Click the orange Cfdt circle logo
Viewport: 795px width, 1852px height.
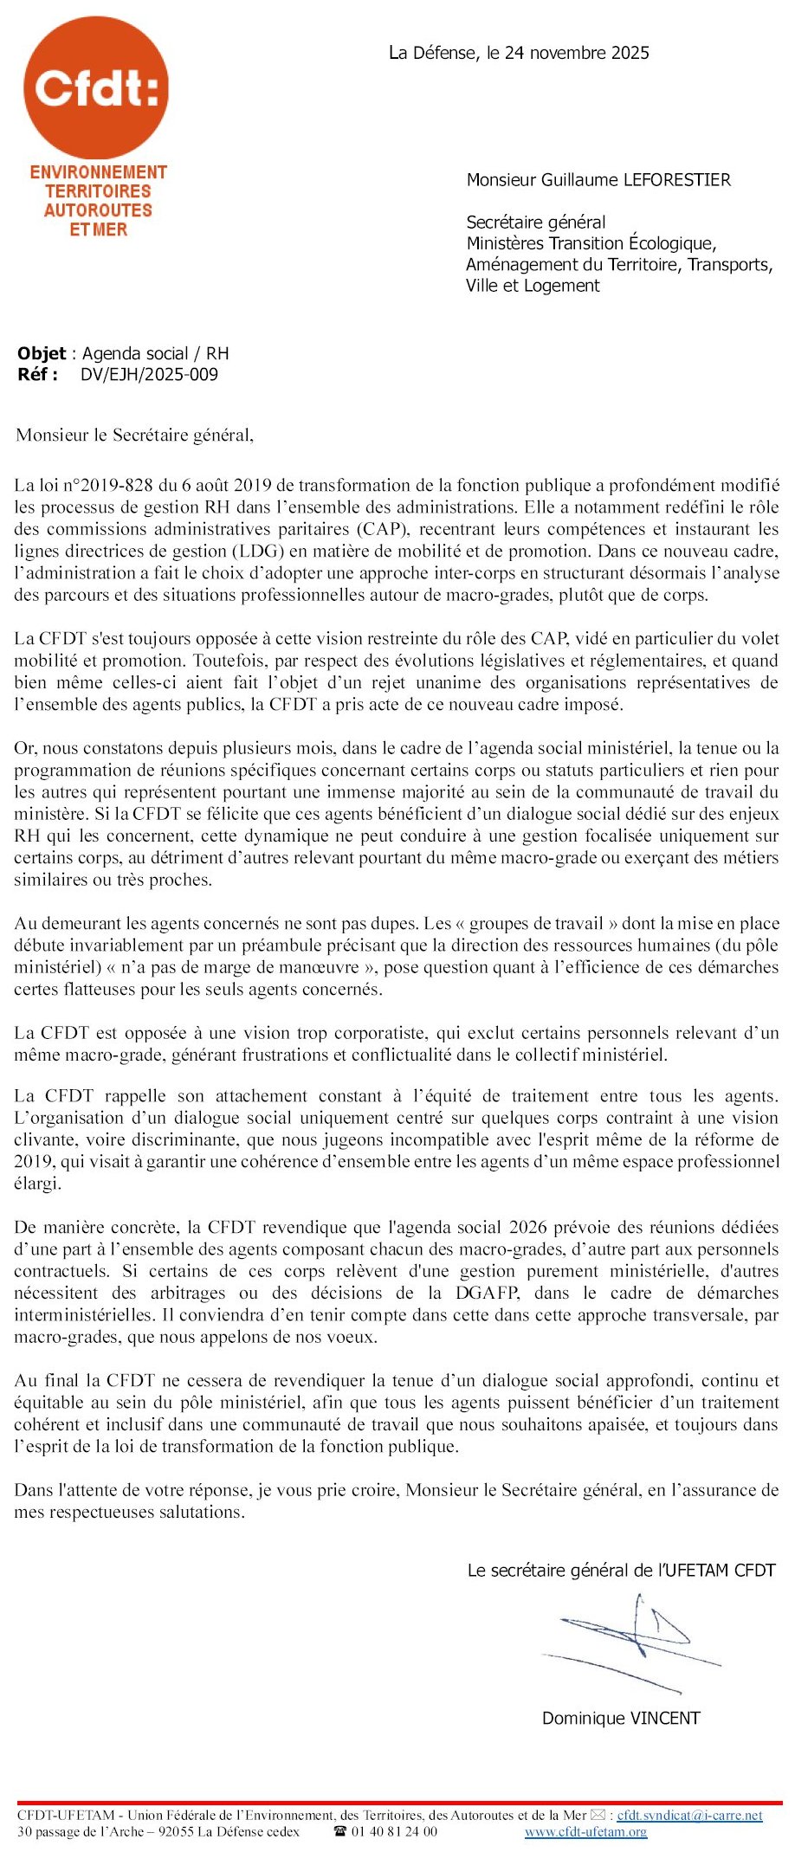pyautogui.click(x=96, y=87)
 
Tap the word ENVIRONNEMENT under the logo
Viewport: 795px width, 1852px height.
pyautogui.click(x=98, y=172)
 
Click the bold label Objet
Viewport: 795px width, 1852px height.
pyautogui.click(x=42, y=353)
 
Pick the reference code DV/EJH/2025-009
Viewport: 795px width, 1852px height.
pyautogui.click(x=149, y=375)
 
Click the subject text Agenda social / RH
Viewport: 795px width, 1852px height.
pyautogui.click(x=156, y=353)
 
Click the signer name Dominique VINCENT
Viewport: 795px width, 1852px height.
pyautogui.click(x=621, y=1718)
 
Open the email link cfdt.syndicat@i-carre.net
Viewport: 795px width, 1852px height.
pyautogui.click(x=689, y=1815)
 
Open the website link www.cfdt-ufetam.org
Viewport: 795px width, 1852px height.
pyautogui.click(x=585, y=1832)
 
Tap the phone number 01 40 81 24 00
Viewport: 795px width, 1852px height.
pyautogui.click(x=394, y=1832)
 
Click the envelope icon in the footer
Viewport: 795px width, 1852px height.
pyautogui.click(x=598, y=1815)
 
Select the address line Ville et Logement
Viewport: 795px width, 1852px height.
pyautogui.click(x=533, y=286)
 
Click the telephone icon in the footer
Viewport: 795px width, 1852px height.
pyautogui.click(x=340, y=1832)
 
